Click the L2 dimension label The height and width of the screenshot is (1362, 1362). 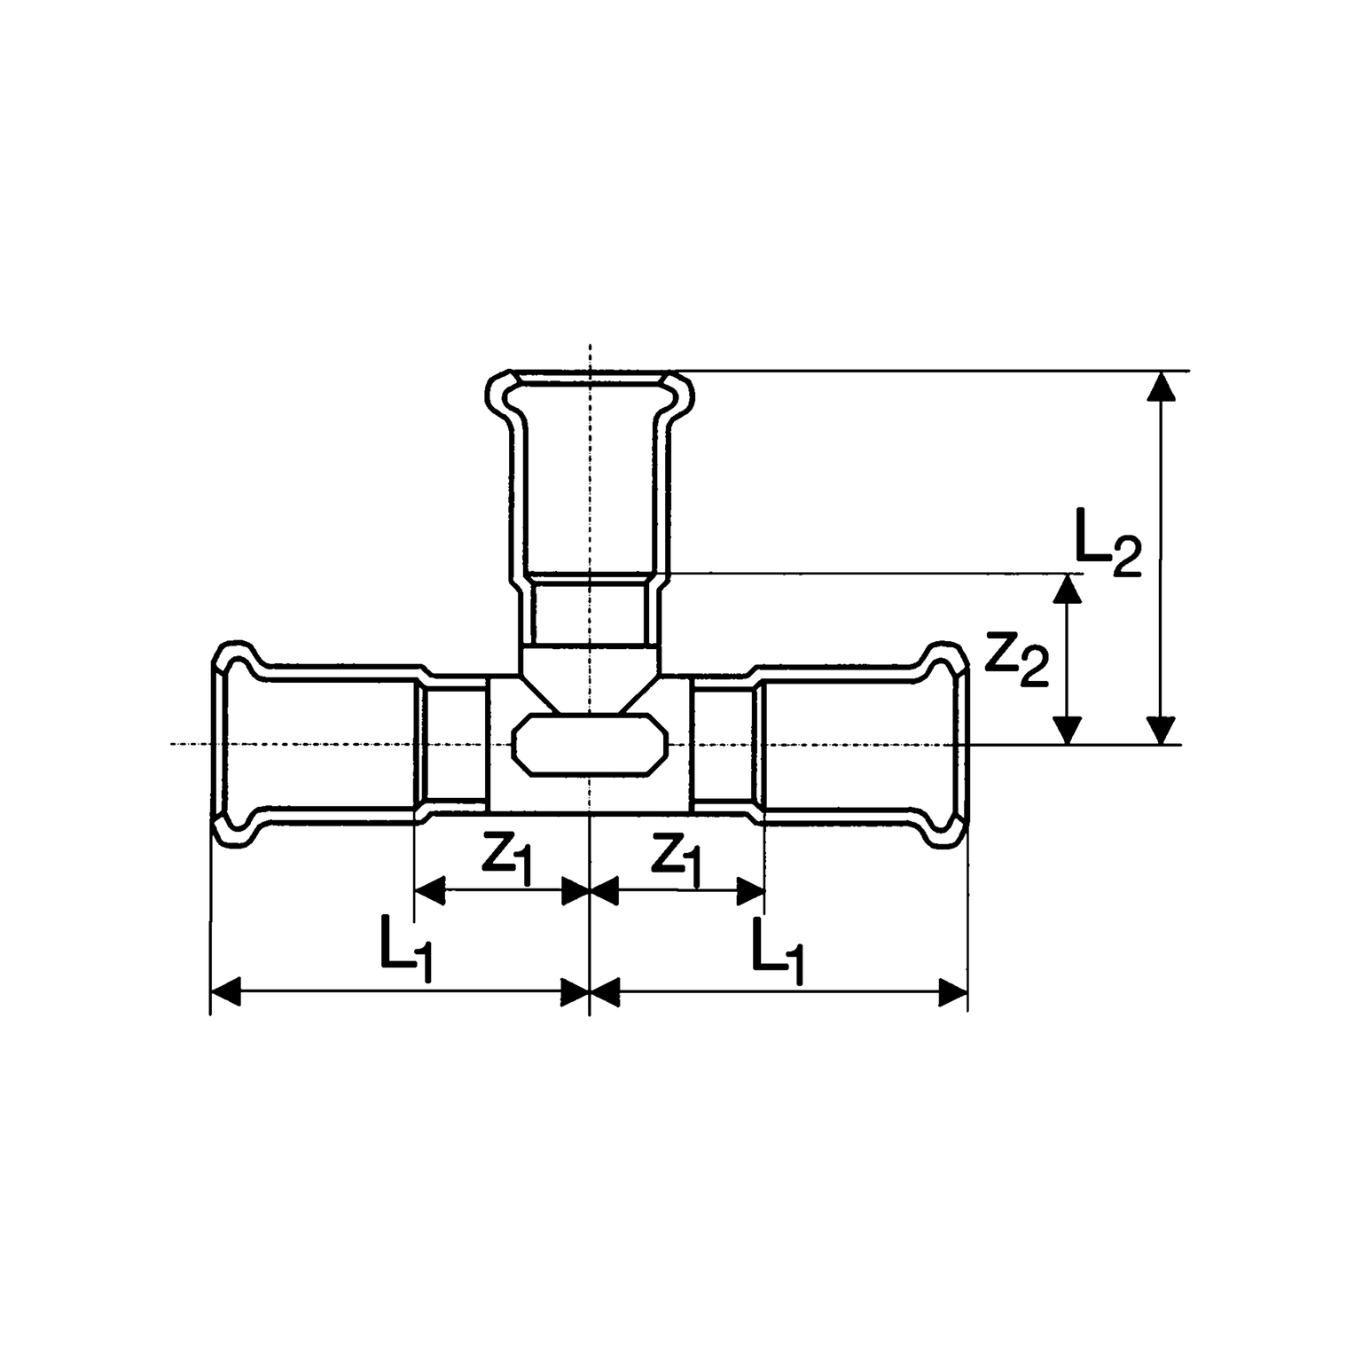1108,543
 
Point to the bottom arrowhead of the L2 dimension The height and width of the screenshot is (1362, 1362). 1162,730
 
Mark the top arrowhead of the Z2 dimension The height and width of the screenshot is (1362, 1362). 1068,590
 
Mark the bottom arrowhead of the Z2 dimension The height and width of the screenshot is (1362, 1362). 1068,730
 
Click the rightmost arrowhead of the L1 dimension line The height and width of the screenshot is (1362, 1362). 954,992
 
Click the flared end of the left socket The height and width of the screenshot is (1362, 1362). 232,743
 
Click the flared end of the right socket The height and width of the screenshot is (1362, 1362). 947,743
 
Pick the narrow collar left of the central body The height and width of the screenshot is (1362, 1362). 456,743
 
